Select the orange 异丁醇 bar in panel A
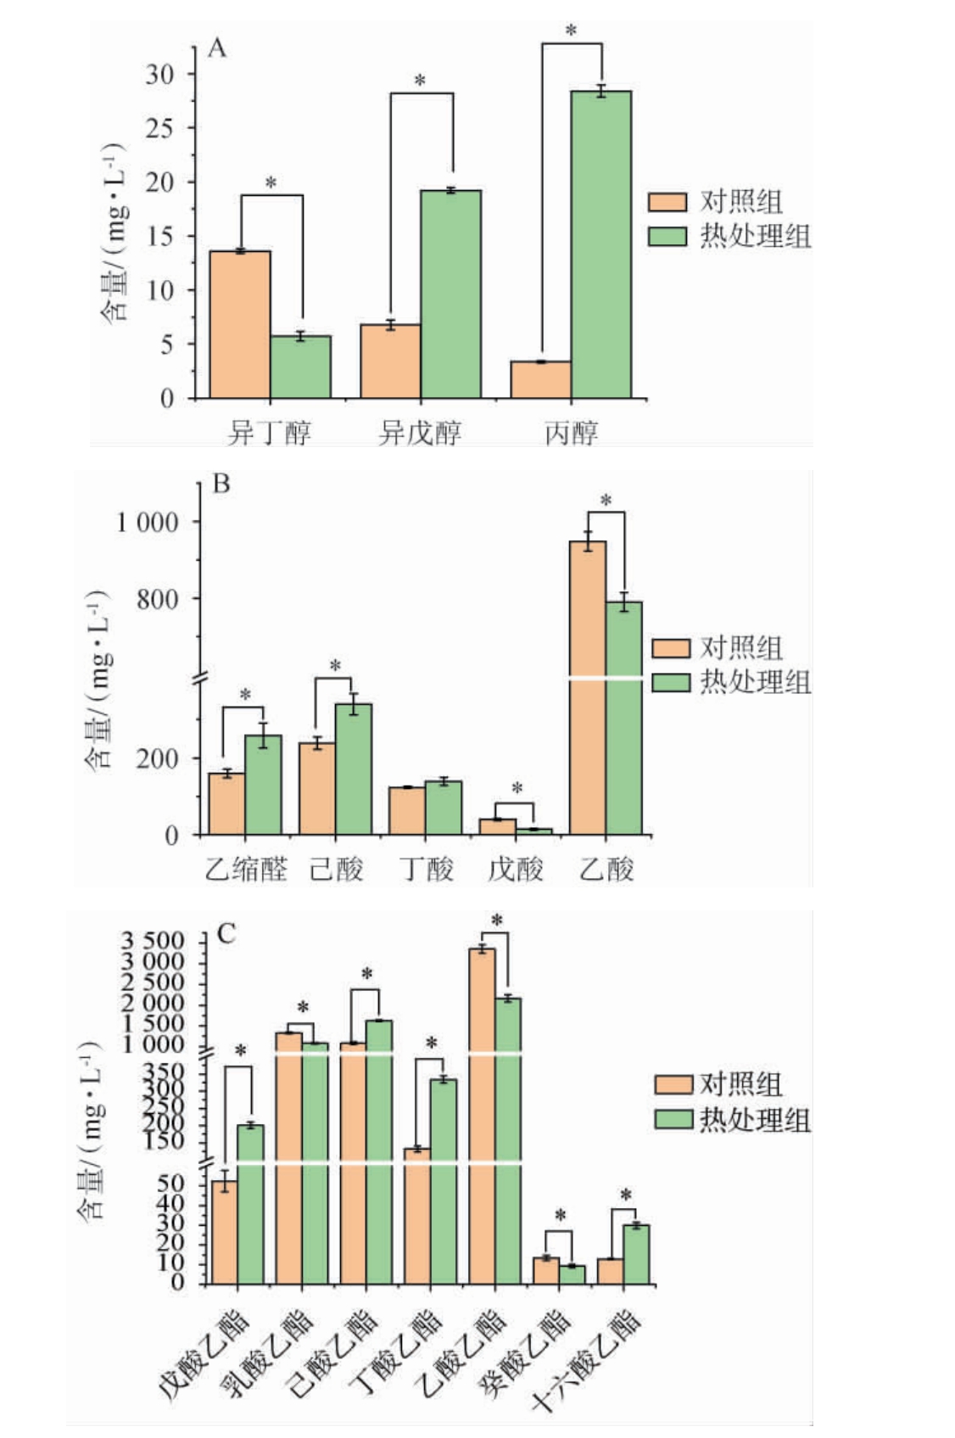point(240,324)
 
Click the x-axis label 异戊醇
point(420,433)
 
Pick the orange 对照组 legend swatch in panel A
point(667,202)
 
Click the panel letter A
point(218,48)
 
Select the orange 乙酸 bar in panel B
point(588,687)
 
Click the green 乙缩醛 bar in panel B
point(263,785)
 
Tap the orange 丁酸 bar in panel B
point(407,811)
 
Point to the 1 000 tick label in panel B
point(148,522)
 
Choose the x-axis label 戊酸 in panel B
point(515,869)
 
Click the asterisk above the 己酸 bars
point(335,666)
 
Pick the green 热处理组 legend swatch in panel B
point(670,682)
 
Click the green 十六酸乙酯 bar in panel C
point(636,1254)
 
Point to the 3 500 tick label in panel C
point(153,941)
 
